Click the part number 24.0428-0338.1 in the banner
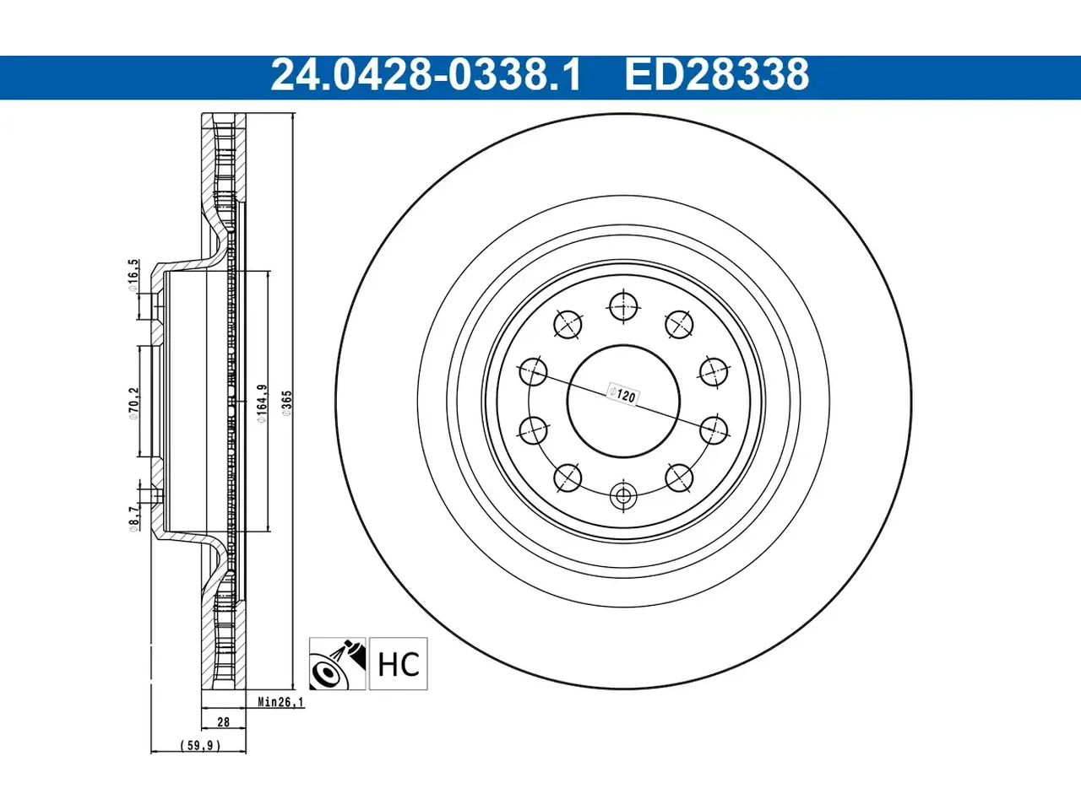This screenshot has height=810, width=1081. pos(426,75)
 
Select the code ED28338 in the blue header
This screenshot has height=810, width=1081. pos(716,75)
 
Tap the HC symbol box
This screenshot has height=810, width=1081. pos(399,663)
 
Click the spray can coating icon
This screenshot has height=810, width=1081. pos(337,663)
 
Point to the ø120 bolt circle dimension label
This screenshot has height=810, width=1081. pos(623,394)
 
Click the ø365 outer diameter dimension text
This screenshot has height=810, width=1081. pos(286,403)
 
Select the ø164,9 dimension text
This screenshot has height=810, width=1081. pos(262,403)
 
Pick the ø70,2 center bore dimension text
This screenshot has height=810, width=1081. pos(133,403)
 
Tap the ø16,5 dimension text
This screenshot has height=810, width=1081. pos(133,276)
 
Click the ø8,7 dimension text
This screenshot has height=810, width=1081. pos(133,519)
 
